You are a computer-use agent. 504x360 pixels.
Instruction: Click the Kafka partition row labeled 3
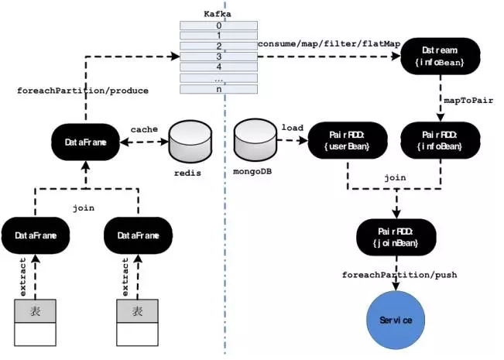point(218,57)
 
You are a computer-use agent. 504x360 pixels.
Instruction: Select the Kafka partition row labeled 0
point(218,26)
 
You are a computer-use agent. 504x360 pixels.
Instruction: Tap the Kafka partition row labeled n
point(218,89)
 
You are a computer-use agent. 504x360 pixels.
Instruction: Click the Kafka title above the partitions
point(218,14)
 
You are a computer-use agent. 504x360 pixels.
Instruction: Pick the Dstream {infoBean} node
point(441,57)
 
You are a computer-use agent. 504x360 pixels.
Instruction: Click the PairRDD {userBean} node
point(348,140)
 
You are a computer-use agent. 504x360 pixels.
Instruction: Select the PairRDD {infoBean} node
point(441,140)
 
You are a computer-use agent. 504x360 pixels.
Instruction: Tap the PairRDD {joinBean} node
point(396,237)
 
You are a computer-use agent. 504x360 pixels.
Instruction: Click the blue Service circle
point(396,321)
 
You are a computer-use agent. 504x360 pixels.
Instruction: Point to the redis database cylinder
point(190,142)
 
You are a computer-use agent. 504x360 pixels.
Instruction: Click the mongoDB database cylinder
point(255,140)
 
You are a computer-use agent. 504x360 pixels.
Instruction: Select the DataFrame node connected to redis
point(85,142)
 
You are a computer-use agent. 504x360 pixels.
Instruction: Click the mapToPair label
point(468,101)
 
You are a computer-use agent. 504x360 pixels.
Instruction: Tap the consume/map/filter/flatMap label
point(329,43)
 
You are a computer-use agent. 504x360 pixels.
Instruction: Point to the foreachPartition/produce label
point(83,91)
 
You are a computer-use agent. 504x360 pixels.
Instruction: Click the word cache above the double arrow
point(144,129)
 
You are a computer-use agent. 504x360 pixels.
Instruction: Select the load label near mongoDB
point(293,128)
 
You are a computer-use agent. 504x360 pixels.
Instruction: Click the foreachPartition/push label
point(399,275)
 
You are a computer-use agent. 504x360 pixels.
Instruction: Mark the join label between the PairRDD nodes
point(395,178)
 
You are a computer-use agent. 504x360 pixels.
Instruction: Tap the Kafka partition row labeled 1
point(218,36)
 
